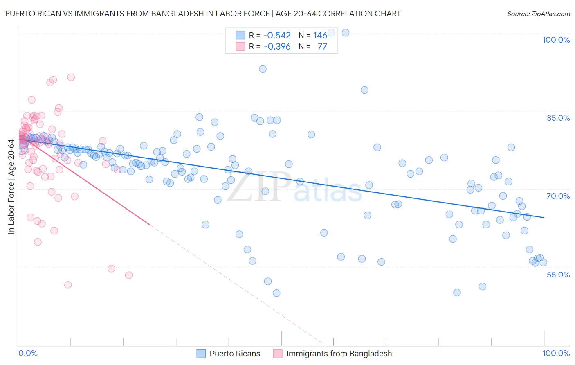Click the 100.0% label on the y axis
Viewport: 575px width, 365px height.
(x=556, y=40)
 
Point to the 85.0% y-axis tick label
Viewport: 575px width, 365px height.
(x=558, y=118)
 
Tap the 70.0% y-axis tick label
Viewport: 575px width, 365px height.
(x=558, y=196)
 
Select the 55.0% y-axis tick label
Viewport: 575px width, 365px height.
(x=558, y=275)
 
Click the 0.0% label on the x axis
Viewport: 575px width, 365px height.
(x=28, y=353)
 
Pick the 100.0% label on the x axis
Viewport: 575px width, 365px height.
(x=556, y=353)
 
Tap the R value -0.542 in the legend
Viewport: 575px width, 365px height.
(x=277, y=36)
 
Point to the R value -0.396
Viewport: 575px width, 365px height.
(x=277, y=46)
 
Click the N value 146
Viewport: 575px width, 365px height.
(x=320, y=36)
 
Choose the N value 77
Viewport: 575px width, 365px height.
(x=322, y=46)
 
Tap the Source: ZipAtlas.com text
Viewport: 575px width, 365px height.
(x=538, y=14)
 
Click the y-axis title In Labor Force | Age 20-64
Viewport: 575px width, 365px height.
(x=11, y=187)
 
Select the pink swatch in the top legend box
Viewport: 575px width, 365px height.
(x=240, y=46)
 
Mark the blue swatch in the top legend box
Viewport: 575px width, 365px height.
(x=240, y=36)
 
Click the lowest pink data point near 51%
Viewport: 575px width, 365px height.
(x=68, y=285)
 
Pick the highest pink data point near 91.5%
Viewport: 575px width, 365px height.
(x=71, y=77)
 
